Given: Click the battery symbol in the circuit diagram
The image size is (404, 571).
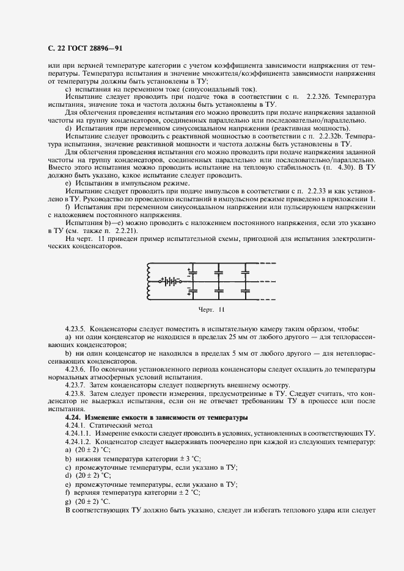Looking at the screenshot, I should [x=171, y=282].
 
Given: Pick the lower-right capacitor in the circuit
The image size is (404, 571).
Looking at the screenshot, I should [x=248, y=292].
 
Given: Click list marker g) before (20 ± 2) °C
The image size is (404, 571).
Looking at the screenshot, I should [x=67, y=500].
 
